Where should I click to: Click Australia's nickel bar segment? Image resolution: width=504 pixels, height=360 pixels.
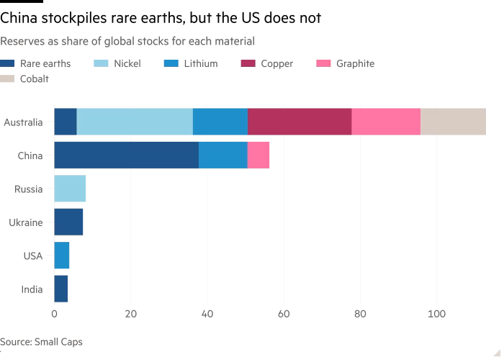pyautogui.click(x=135, y=122)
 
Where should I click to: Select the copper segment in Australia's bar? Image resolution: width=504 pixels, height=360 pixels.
pyautogui.click(x=300, y=122)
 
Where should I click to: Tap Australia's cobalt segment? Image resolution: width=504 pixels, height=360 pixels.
pyautogui.click(x=453, y=122)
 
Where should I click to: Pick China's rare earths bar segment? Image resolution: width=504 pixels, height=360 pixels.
pyautogui.click(x=126, y=155)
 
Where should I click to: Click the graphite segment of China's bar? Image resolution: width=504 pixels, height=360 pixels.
pyautogui.click(x=258, y=155)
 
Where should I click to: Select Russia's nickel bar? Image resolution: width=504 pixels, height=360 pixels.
pyautogui.click(x=70, y=189)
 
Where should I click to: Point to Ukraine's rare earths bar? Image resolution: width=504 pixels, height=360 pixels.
pyautogui.click(x=68, y=222)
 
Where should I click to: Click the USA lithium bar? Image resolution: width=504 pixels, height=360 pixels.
pyautogui.click(x=62, y=256)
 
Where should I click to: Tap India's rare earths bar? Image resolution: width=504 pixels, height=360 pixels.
pyautogui.click(x=61, y=289)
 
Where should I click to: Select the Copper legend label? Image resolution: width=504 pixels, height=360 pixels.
pyautogui.click(x=276, y=63)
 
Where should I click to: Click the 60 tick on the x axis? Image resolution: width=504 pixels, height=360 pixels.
pyautogui.click(x=284, y=314)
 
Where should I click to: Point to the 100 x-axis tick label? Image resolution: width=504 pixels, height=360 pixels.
pyautogui.click(x=436, y=314)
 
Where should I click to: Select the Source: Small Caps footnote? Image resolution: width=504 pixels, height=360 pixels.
pyautogui.click(x=41, y=342)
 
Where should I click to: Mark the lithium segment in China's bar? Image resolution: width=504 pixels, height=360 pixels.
pyautogui.click(x=223, y=155)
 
